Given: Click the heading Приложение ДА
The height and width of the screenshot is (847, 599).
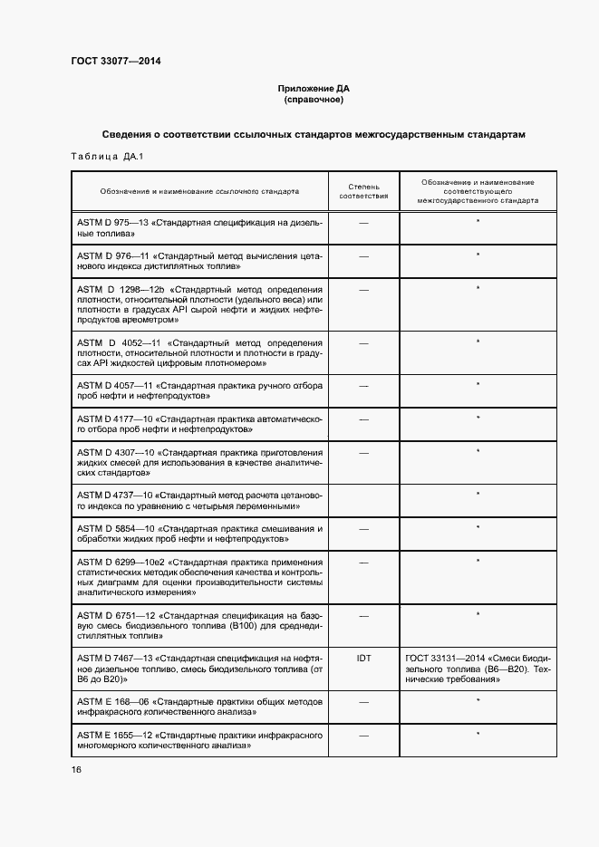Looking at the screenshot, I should point(313,89).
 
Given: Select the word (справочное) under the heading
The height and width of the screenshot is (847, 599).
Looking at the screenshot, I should point(313,100).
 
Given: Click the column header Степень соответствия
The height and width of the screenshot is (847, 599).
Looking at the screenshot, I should point(363,191).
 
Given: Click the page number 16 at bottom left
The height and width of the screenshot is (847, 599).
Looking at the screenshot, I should point(76,770).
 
